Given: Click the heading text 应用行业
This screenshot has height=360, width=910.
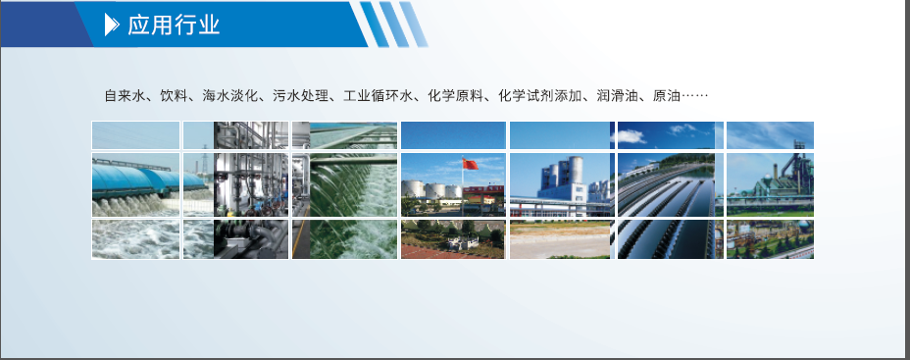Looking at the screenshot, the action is tap(175, 25).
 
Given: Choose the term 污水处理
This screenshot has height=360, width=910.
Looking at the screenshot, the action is tap(300, 96).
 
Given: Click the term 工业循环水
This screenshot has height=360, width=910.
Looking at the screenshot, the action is tap(378, 96).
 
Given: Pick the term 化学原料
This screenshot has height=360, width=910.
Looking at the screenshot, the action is tap(455, 96).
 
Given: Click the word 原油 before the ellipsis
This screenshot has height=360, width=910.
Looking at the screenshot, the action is tap(666, 96).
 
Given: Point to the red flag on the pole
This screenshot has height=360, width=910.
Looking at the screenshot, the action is tap(471, 164).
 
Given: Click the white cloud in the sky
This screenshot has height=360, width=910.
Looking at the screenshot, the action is tap(629, 136).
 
